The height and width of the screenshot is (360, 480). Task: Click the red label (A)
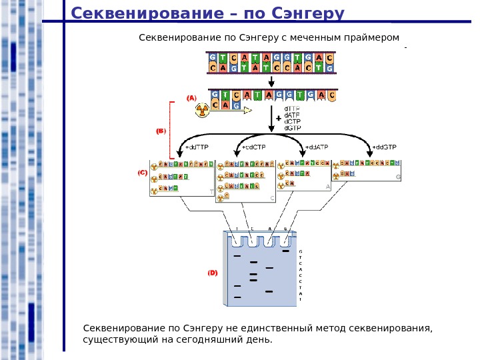(x=192, y=98)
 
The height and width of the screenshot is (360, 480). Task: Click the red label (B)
(x=160, y=131)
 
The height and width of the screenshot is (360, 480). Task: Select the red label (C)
(x=142, y=173)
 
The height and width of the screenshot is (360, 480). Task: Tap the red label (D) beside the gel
(x=212, y=273)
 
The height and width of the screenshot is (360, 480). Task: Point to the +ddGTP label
(x=384, y=147)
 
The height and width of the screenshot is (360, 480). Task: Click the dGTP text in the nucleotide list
(x=292, y=129)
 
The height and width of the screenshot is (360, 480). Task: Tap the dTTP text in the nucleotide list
(x=292, y=108)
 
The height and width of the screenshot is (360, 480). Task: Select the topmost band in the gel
(x=286, y=252)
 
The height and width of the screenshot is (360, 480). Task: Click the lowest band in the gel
(x=237, y=297)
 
